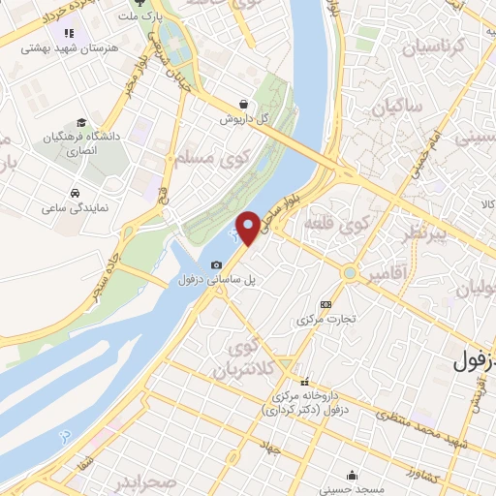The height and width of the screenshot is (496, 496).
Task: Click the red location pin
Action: point(247,227)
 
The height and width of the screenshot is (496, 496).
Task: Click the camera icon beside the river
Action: point(216,264)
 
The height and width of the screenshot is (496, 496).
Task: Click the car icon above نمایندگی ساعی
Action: point(75,191)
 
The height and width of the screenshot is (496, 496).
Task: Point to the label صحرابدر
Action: point(144,482)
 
